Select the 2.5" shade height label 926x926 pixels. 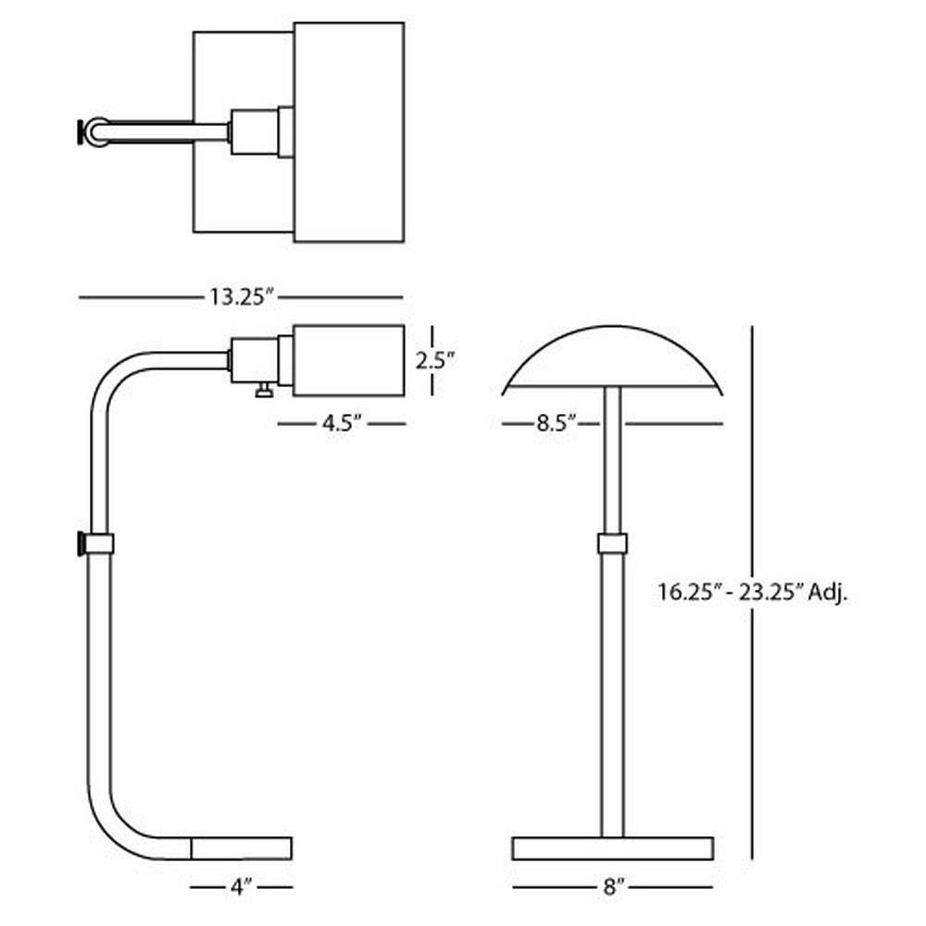(435, 360)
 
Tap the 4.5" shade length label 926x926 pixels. (342, 423)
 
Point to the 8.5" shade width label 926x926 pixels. (556, 423)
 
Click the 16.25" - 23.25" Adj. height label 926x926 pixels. (753, 592)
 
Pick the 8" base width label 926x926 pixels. (614, 886)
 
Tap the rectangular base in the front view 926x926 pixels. (612, 848)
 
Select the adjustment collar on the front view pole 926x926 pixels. (612, 543)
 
